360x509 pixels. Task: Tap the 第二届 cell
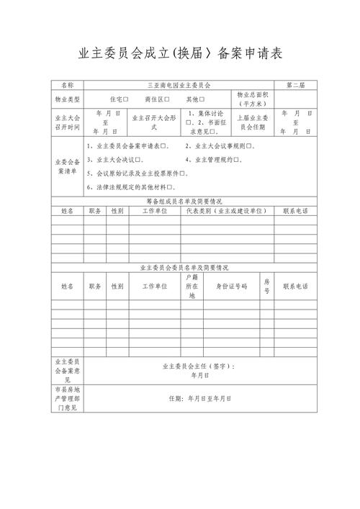(295, 85)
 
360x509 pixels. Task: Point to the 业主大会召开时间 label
(67, 121)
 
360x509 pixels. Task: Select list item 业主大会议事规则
(216, 146)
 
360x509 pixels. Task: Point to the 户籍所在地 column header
(192, 286)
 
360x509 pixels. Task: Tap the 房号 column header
(266, 286)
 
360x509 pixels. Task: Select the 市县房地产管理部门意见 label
(67, 397)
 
